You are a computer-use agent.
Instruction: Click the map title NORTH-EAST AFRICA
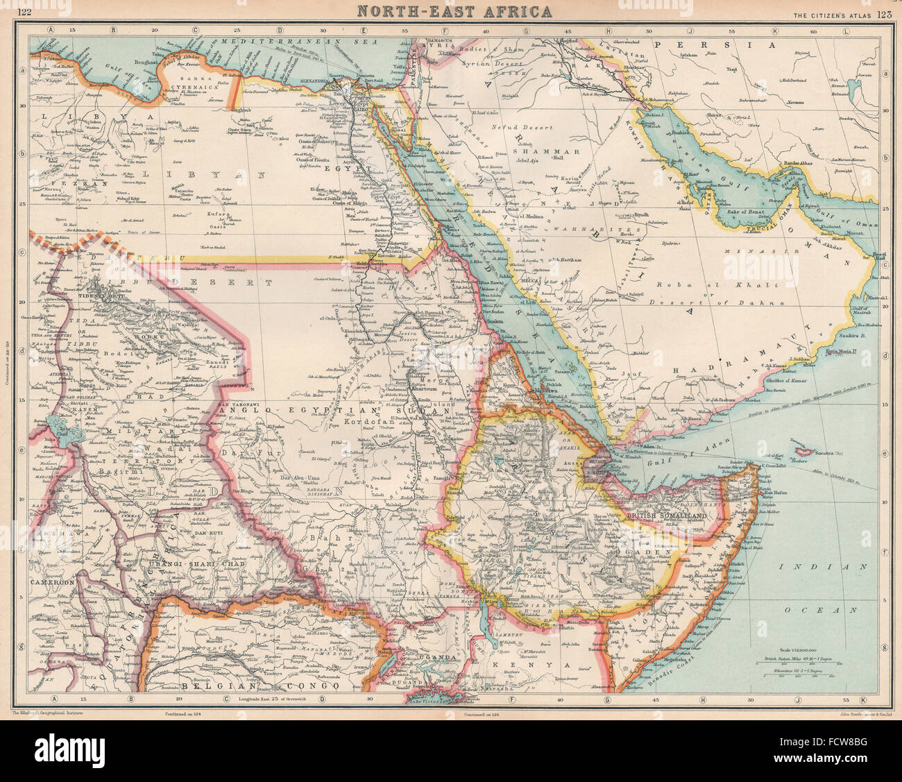455,11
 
